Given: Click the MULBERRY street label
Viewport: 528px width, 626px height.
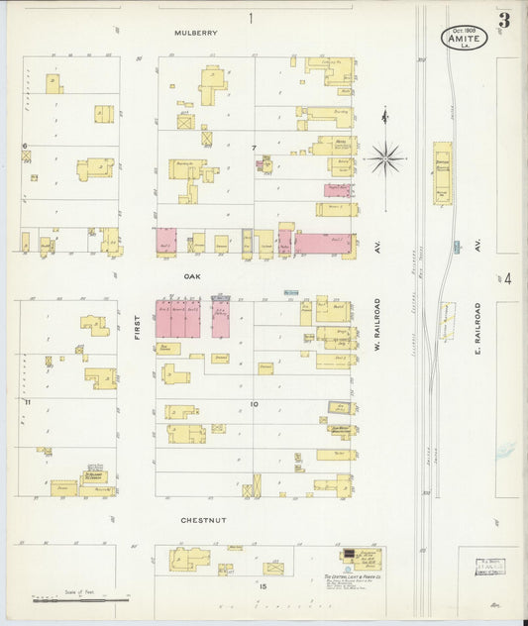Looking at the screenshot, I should (195, 33).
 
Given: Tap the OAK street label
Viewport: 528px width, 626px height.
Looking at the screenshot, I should (194, 278).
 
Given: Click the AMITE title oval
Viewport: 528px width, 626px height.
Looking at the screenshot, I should (464, 37).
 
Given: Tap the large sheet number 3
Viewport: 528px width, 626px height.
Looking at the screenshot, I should (505, 20).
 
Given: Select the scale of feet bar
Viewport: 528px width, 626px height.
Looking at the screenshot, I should (81, 598).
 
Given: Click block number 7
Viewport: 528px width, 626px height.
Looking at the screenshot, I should (254, 149).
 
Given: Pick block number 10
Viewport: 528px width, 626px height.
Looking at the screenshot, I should (254, 404).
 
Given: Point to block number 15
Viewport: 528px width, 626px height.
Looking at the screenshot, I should (263, 586).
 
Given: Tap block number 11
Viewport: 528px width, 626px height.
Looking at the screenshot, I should (29, 402).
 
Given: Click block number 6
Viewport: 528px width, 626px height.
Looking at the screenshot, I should (25, 146).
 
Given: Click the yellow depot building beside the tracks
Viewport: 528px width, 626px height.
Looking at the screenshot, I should (442, 173).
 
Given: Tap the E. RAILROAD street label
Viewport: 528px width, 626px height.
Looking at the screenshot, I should (476, 328).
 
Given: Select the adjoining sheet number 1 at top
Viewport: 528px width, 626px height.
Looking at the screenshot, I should (251, 17).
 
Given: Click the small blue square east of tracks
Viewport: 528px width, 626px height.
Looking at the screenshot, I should (456, 246).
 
